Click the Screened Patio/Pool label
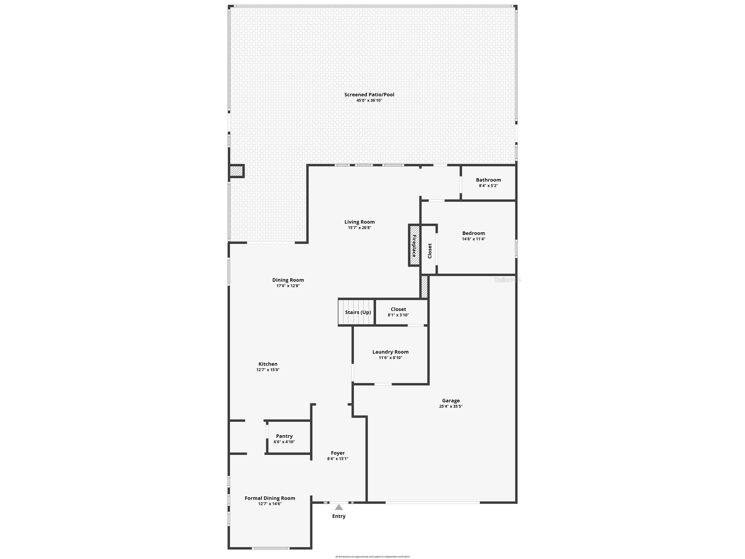tap(369, 95)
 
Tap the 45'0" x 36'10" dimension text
tap(369, 100)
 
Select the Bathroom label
tap(488, 180)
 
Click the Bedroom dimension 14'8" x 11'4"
tap(474, 239)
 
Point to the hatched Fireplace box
tap(414, 245)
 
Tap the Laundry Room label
tap(390, 352)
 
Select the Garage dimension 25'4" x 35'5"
tap(451, 406)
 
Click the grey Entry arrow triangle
tap(339, 508)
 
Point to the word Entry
tap(339, 516)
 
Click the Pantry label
tap(284, 436)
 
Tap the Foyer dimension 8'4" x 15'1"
tap(337, 459)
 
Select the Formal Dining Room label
tap(270, 498)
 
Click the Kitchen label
tap(268, 364)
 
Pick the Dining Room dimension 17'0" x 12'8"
tap(288, 286)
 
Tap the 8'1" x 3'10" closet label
tap(398, 315)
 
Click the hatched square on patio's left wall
tap(236, 171)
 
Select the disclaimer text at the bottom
tap(372, 557)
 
